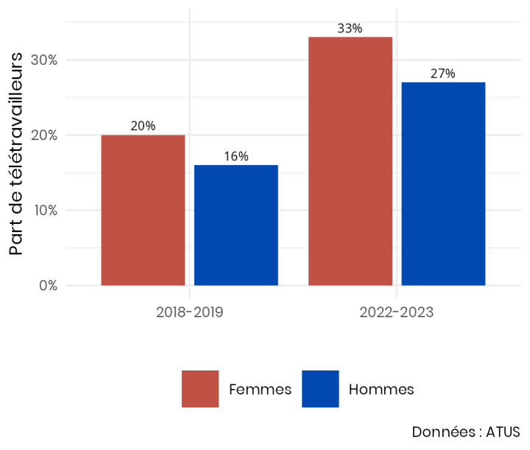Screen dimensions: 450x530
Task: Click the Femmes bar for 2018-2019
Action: [x=143, y=210]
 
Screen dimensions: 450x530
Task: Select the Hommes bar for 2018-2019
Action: [x=236, y=225]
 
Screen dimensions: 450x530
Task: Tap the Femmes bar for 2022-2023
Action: [x=350, y=161]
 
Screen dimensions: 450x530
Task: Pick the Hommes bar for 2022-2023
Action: [x=443, y=183]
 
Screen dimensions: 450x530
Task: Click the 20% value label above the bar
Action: [x=143, y=126]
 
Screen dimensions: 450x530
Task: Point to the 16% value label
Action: [x=236, y=156]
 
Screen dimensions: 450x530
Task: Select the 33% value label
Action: [x=350, y=29]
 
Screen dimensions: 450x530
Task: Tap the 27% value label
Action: [x=443, y=74]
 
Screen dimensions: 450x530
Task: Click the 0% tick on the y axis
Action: [x=48, y=285]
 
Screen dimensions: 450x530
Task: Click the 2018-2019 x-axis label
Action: [x=190, y=312]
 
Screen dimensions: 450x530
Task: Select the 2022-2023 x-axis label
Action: [x=397, y=312]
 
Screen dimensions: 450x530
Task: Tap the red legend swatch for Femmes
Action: [x=200, y=389]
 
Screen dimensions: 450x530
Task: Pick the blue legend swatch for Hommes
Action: [x=320, y=389]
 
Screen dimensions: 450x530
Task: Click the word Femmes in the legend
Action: [x=260, y=389]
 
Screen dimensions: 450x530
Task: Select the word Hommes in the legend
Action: [x=381, y=389]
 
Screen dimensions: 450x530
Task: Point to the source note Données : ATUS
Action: [x=465, y=432]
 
